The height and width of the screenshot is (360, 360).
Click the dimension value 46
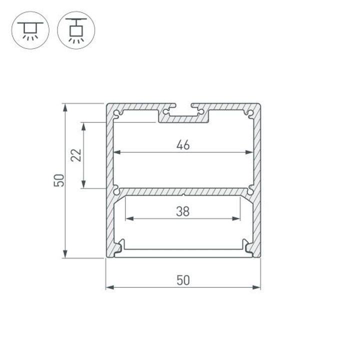tap(183, 145)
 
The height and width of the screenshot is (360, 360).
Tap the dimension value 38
tap(183, 211)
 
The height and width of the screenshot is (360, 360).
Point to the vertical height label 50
tap(59, 180)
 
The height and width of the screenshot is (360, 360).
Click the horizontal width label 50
tap(183, 280)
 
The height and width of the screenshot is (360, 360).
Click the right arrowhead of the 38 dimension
tap(237, 218)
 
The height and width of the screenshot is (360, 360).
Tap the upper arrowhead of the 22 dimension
tap(84, 125)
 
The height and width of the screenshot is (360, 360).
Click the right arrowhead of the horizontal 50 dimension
tap(258, 287)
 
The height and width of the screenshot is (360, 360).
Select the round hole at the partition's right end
tap(249, 190)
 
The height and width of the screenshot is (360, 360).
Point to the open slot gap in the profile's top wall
tap(183, 106)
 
